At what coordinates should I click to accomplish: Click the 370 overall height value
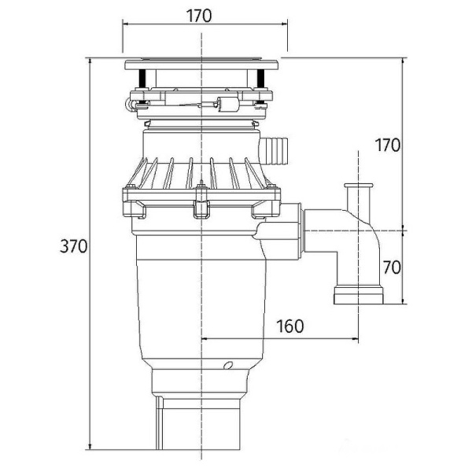[73, 246]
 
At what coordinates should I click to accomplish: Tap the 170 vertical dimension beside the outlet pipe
[387, 146]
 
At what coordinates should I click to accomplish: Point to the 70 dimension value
[391, 267]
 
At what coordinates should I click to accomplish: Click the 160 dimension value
[290, 326]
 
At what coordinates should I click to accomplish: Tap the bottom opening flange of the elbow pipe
[358, 296]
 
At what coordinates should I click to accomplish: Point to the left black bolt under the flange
[142, 79]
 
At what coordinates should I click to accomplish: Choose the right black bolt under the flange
[260, 79]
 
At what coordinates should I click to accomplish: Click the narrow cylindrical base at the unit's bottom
[203, 425]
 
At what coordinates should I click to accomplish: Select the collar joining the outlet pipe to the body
[292, 232]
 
